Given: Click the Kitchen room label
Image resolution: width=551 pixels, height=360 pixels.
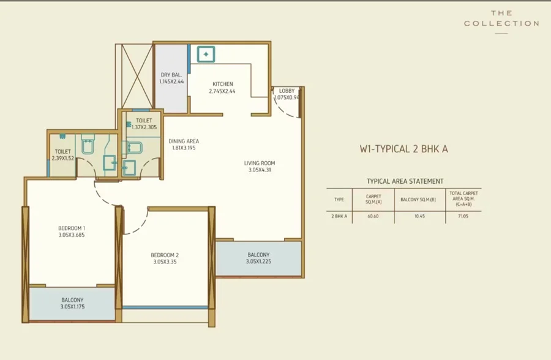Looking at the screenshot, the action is point(222,84).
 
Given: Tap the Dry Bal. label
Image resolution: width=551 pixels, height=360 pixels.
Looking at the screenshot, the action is point(171,75).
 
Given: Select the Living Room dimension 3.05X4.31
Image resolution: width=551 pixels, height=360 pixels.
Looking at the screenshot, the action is point(260,170).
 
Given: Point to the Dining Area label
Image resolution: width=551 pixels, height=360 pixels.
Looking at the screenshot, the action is point(184,141).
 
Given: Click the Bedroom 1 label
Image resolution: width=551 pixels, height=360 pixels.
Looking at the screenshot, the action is point(72,228).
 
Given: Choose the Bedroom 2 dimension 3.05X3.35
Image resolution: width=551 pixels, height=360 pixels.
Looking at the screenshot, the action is point(165,261).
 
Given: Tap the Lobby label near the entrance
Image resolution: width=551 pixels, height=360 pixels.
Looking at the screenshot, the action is point(287,91).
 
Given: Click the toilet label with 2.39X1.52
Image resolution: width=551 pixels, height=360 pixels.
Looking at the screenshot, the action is point(63,151).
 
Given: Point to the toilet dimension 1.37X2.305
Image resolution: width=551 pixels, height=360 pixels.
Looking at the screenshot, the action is point(144,127).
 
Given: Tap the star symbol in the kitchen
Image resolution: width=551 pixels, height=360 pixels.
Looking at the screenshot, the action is point(206,54).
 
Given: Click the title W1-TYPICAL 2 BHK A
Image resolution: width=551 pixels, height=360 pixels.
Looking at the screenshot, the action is point(404,149).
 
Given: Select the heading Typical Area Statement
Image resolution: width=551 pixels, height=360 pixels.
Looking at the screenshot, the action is point(405,181).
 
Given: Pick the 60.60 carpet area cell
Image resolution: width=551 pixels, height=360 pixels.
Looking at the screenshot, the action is point(373,216).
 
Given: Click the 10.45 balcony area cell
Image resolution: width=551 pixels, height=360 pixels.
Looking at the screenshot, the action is point(419,216).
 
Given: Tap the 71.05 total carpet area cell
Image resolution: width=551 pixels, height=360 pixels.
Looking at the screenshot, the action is point(463,216).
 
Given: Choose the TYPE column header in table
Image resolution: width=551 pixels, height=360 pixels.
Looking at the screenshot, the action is point(339,200).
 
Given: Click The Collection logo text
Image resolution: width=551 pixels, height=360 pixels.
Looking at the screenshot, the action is point(501,18).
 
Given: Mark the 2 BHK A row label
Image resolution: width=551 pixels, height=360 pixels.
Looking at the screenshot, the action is point(339,216).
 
